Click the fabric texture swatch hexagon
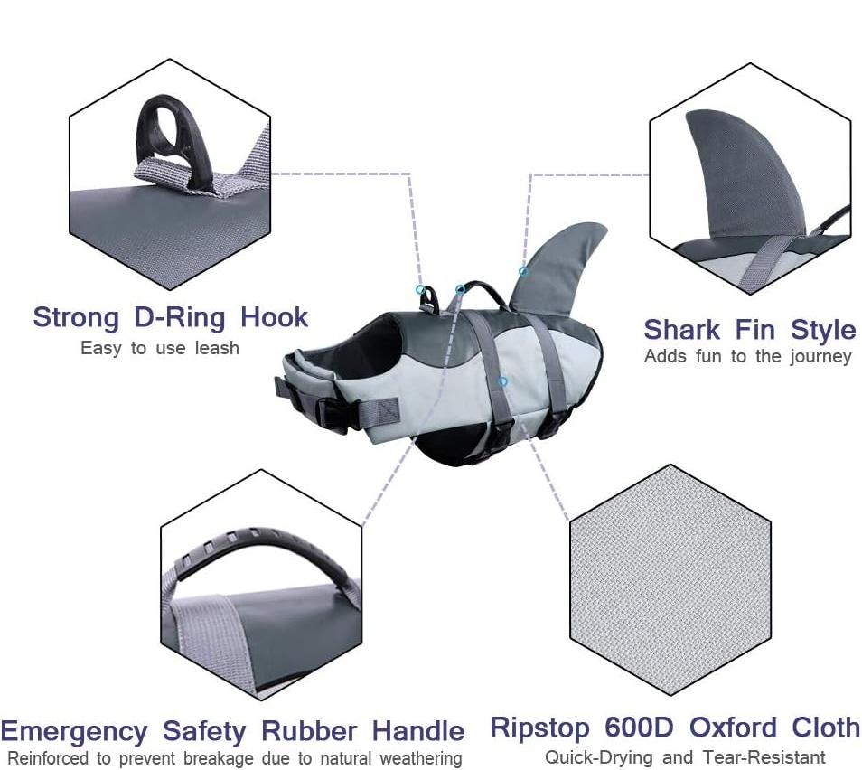670,579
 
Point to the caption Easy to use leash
160,348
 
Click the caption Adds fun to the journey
747,356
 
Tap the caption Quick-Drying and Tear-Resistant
684,756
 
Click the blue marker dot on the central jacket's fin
522,271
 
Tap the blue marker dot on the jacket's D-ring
420,289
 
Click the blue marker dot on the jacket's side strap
503,381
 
